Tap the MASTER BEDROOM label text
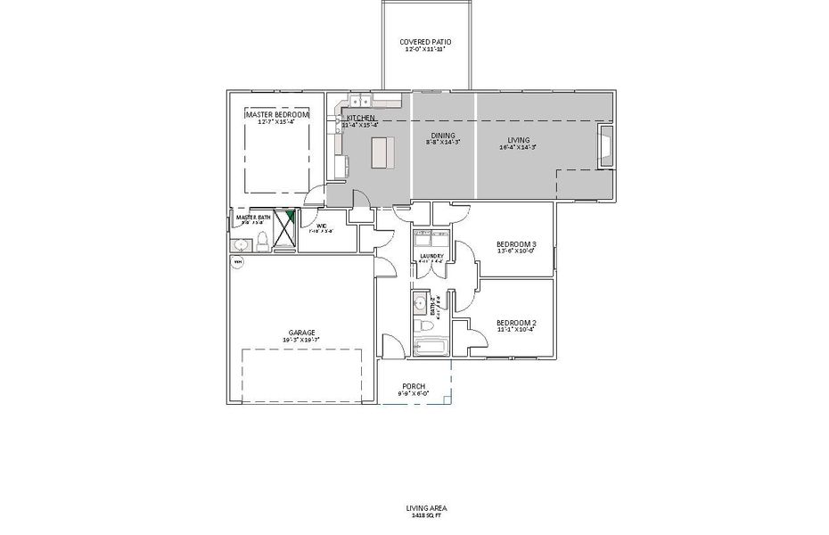277,115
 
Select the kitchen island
382,152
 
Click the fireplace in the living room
605,146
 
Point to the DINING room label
442,136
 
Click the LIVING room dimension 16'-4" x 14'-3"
518,148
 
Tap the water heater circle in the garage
238,262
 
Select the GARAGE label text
300,333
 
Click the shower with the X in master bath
284,231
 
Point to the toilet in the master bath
262,241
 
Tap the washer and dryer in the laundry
431,241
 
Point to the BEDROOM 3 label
516,243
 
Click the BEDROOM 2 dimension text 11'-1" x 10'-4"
516,330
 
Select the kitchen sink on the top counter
358,101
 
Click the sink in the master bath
242,241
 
